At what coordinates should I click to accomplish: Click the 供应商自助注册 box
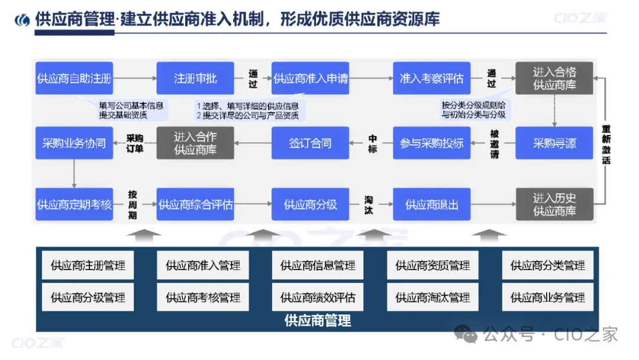click(x=74, y=78)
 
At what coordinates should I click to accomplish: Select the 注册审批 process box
click(x=195, y=78)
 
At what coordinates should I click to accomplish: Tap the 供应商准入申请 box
click(x=310, y=78)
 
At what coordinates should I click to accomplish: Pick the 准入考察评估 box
click(x=431, y=78)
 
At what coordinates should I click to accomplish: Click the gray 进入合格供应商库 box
click(x=554, y=78)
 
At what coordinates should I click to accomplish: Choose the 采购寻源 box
click(x=554, y=143)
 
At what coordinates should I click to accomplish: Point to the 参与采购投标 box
click(x=431, y=143)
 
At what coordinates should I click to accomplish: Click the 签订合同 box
click(x=310, y=143)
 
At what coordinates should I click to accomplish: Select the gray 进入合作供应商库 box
click(x=195, y=143)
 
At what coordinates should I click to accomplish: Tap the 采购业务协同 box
click(x=74, y=143)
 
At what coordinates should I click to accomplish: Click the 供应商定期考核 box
click(x=74, y=204)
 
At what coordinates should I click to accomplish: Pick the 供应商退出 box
click(x=431, y=204)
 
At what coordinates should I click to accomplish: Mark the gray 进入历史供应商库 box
click(x=554, y=204)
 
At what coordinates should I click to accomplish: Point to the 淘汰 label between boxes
click(x=368, y=204)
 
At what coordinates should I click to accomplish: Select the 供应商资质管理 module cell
click(x=433, y=266)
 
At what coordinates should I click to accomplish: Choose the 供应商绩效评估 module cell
click(x=318, y=297)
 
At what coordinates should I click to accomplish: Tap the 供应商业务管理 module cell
click(x=547, y=297)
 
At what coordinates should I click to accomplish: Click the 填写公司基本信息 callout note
click(x=131, y=110)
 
